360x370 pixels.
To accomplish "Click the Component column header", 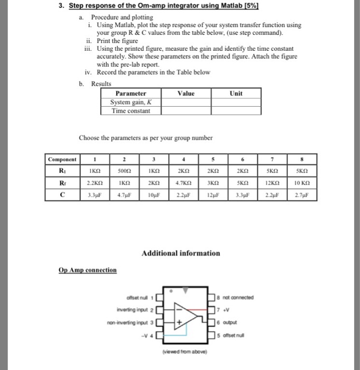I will point(62,159).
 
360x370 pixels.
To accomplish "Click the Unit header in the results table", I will point(236,94).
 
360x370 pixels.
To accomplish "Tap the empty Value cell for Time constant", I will point(187,111).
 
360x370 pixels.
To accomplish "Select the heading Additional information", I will point(180,253).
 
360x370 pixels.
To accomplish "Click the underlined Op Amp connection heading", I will point(88,270).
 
